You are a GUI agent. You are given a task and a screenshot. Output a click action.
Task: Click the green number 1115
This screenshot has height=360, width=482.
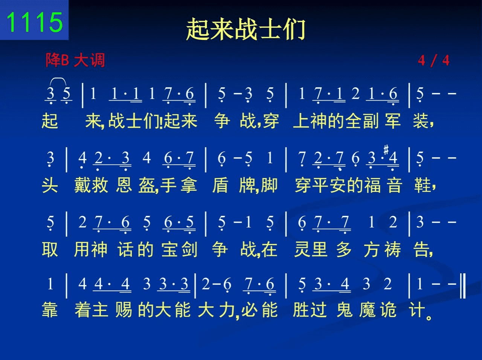click(35, 22)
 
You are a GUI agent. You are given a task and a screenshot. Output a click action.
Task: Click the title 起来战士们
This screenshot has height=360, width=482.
click(246, 29)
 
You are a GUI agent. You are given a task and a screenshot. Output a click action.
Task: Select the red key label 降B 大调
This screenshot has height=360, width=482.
click(75, 60)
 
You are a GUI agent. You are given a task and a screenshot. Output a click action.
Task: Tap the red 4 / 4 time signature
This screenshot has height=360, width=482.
click(434, 60)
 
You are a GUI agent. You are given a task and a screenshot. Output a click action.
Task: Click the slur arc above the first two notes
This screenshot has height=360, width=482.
click(58, 78)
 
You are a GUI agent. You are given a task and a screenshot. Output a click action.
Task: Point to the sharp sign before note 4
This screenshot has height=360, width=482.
click(386, 149)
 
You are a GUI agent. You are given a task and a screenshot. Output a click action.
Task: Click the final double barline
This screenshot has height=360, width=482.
click(463, 286)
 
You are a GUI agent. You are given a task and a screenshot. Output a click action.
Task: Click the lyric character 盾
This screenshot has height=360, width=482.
click(220, 186)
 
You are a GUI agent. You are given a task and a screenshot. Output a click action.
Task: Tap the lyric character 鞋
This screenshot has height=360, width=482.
click(422, 186)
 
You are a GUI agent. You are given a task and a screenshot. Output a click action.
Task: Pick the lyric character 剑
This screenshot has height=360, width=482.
click(189, 249)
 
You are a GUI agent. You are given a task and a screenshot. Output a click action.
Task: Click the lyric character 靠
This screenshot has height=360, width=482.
click(50, 310)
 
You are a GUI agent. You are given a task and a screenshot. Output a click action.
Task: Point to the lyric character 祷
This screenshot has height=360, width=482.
click(393, 249)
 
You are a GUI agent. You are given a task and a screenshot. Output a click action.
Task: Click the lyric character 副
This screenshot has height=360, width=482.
click(371, 121)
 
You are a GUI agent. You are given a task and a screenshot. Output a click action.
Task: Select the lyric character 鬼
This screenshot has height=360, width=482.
click(345, 310)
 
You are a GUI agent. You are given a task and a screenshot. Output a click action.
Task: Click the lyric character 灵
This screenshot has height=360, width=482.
click(302, 249)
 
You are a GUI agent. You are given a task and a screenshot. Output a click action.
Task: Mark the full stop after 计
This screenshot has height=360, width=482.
click(429, 317)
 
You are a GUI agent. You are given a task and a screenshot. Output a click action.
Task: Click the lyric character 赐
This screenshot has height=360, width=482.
click(124, 310)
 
